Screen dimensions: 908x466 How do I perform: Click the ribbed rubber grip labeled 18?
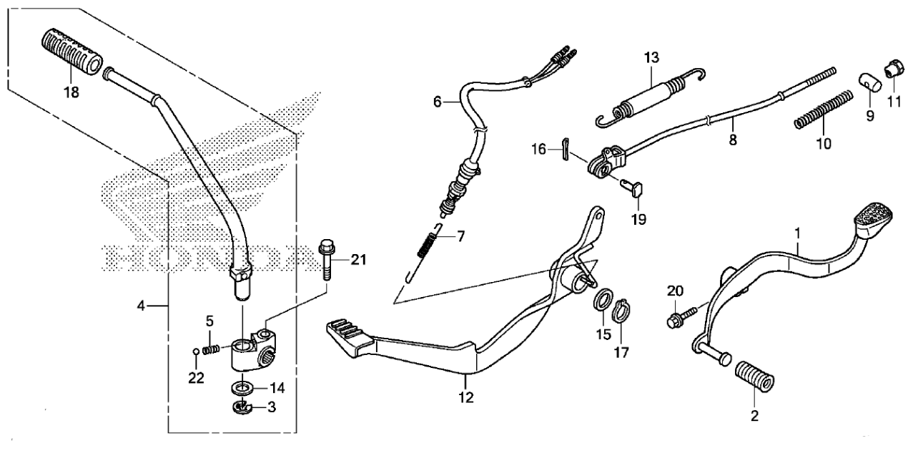point(71,52)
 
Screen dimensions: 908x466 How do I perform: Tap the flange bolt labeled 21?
point(326,259)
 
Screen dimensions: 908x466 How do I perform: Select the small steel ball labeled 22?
point(195,351)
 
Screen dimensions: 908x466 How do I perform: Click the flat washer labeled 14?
point(243,388)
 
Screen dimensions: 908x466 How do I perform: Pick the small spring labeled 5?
point(211,349)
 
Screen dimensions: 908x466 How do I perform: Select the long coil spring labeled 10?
point(823,110)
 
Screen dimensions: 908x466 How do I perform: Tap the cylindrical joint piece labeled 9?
point(870,84)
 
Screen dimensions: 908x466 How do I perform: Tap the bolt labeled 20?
point(682,317)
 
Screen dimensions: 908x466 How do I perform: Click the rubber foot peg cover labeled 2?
point(754,377)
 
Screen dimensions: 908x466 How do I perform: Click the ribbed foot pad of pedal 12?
point(350,338)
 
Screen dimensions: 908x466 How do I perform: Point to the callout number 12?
point(465,398)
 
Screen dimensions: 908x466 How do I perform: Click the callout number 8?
point(733,140)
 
